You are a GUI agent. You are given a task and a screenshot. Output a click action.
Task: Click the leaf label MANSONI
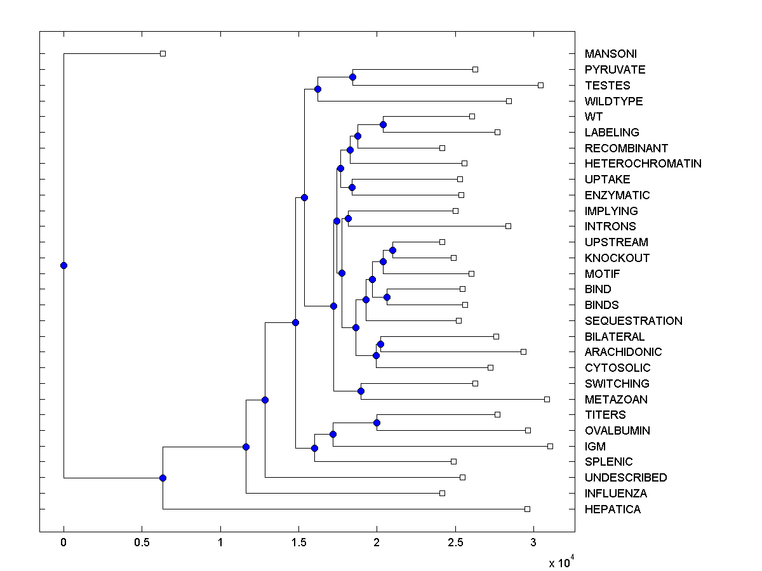tap(610, 54)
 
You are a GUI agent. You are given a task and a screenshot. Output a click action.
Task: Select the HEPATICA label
tap(612, 509)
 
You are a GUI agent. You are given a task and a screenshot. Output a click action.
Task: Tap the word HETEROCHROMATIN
tap(643, 164)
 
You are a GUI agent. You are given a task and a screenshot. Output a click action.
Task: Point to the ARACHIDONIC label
tap(623, 352)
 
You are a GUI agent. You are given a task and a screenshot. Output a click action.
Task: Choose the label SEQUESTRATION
tap(633, 321)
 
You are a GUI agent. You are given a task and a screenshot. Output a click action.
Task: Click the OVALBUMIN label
tap(617, 431)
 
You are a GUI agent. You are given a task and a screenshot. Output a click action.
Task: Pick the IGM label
tap(595, 447)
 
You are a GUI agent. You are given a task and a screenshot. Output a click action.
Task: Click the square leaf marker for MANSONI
tap(163, 54)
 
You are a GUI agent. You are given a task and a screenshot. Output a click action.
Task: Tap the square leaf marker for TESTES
tap(540, 85)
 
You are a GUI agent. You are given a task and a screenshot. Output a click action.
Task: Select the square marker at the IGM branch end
tap(550, 447)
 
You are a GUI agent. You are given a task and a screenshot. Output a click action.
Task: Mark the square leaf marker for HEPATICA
tap(527, 509)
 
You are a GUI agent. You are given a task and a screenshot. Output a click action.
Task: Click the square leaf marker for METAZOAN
tap(547, 399)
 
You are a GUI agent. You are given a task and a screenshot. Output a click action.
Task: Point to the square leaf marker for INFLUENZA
tap(443, 493)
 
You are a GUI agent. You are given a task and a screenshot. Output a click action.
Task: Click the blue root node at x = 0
tap(63, 265)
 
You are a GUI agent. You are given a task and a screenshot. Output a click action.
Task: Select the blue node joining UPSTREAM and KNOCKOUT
tap(392, 250)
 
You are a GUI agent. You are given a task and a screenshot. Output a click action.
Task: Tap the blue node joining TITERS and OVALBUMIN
tap(377, 423)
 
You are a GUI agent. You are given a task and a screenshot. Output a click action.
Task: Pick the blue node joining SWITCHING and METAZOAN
tap(361, 391)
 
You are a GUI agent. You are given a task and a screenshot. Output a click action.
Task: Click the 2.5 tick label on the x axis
tap(455, 542)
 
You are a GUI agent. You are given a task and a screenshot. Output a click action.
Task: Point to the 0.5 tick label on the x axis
tap(142, 542)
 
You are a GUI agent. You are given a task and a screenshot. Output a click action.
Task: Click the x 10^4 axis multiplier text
tap(561, 562)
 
